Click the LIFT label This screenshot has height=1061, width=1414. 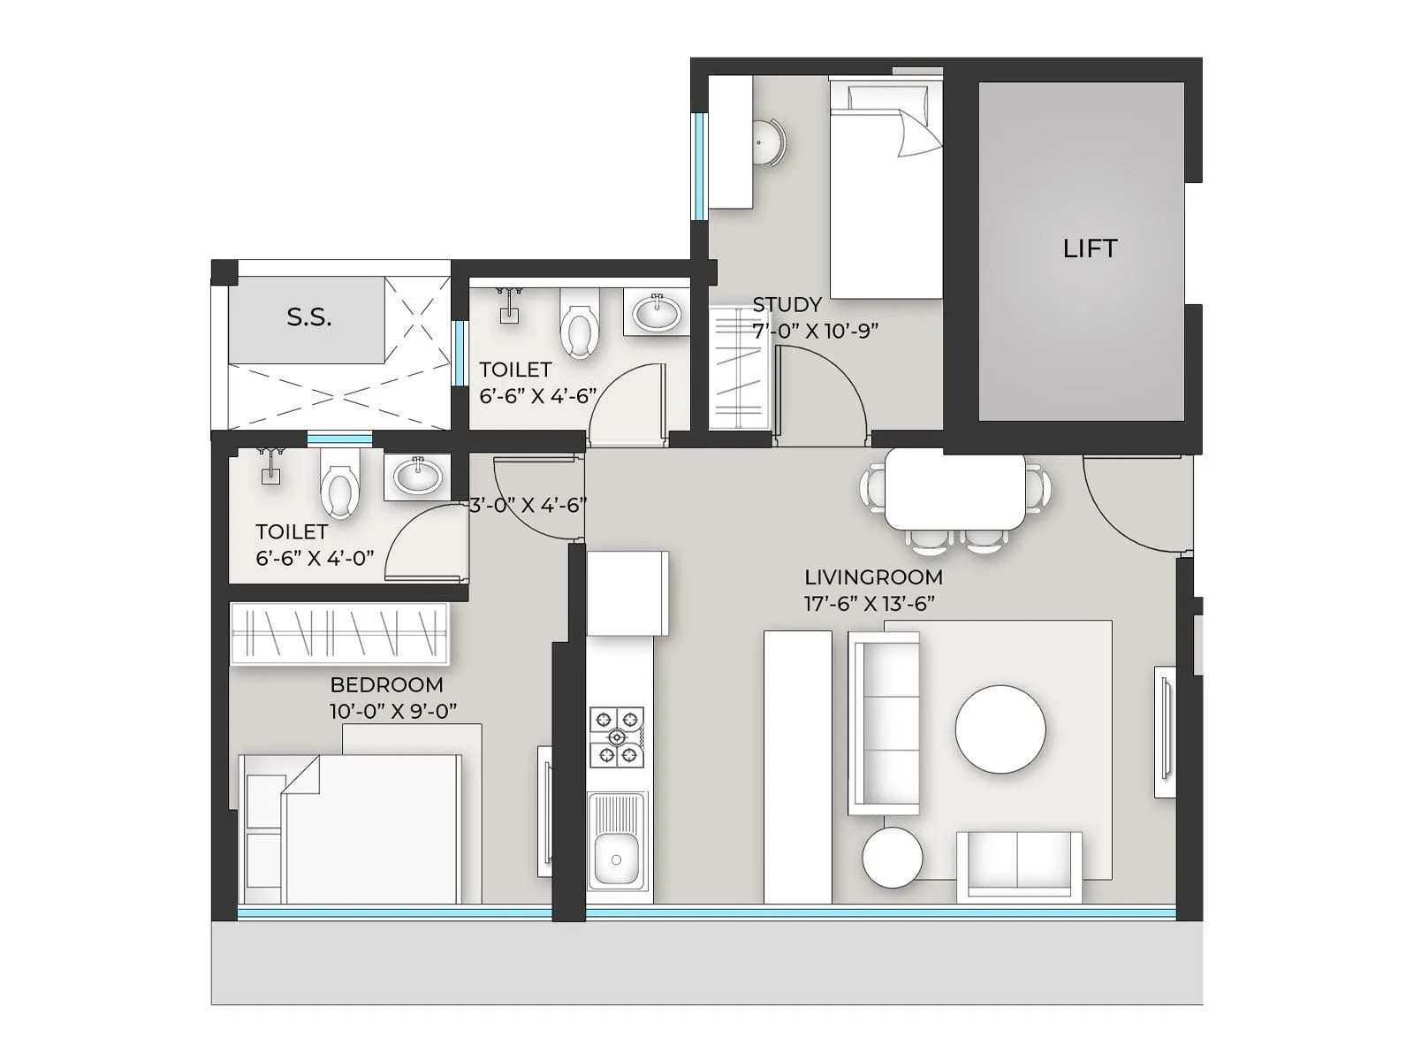pos(1090,248)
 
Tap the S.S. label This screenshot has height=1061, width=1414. pos(308,317)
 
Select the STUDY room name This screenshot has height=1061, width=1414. pos(787,304)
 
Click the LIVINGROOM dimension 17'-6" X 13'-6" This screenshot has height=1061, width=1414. pos(870,604)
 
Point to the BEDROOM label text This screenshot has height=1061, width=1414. pos(386,684)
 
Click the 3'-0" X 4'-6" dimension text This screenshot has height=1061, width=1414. pos(528,505)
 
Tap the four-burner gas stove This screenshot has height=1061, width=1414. pos(617,736)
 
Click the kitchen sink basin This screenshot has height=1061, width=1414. pos(616,857)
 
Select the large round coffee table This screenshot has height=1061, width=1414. pos(1000,729)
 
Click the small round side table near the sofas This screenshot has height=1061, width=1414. pos(892,857)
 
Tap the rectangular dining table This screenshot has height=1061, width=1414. pos(955,492)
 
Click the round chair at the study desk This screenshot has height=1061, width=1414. pos(768,142)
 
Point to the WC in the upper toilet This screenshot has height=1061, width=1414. pos(579,324)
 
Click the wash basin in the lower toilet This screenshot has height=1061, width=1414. pos(417,477)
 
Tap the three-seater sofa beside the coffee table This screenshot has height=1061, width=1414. pos(884,722)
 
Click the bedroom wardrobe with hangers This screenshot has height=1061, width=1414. pos(339,634)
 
